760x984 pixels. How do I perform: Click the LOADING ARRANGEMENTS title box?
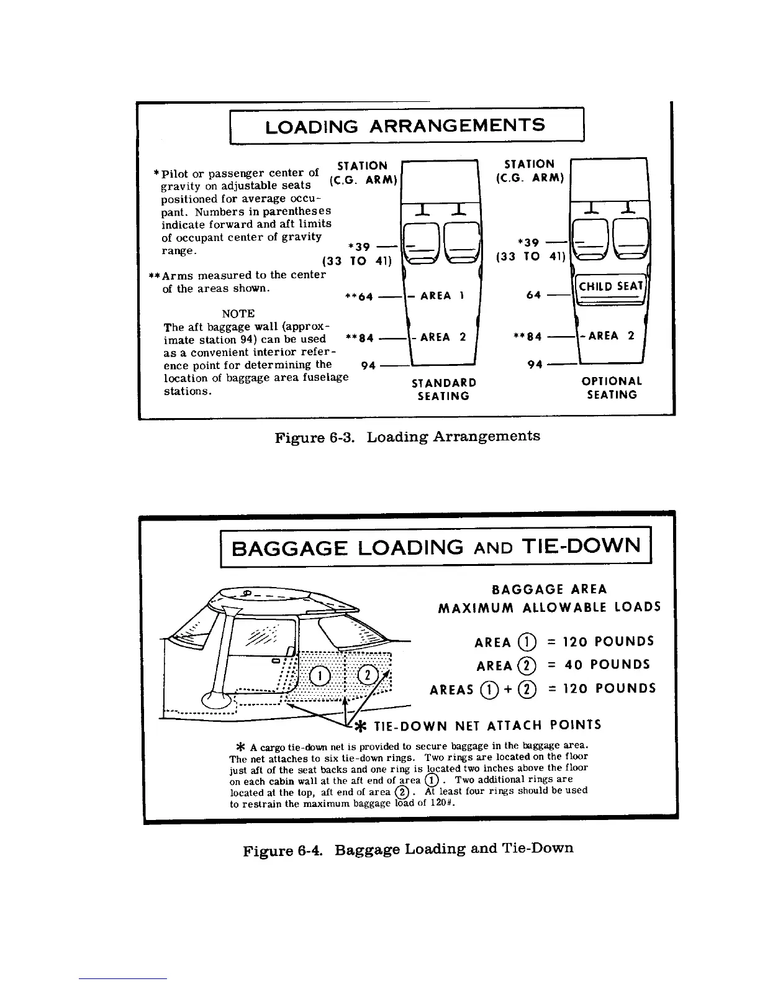click(407, 126)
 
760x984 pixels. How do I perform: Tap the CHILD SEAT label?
click(610, 286)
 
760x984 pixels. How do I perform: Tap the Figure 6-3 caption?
click(407, 436)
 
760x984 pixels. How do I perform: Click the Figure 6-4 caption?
click(408, 848)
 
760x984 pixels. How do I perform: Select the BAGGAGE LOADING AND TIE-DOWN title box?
click(435, 547)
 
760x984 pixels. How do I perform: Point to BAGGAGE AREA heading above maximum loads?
click(549, 589)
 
